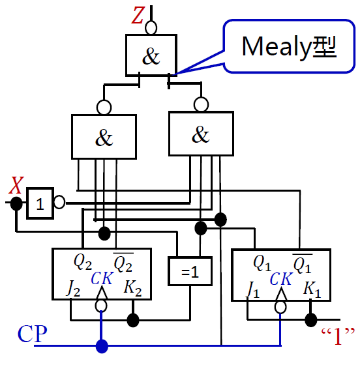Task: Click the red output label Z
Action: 137,16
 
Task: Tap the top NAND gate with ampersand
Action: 151,55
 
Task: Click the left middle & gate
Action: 104,137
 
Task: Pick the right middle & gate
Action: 201,134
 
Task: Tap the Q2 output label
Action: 83,262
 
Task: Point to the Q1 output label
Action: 262,262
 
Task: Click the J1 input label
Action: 253,287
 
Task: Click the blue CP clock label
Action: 32,334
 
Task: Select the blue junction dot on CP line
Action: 101,345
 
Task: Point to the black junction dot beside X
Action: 16,203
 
